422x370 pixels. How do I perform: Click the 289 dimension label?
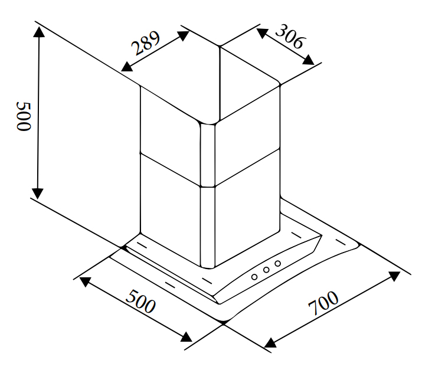point(146,43)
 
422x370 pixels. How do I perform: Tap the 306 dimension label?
point(290,37)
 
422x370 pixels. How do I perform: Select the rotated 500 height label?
point(24,116)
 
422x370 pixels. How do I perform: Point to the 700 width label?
point(323,303)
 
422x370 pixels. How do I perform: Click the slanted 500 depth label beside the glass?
point(140,301)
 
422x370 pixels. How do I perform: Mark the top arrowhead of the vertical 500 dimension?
point(40,32)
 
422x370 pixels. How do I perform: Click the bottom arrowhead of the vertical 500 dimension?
point(37,194)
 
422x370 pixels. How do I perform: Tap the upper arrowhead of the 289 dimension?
point(184,35)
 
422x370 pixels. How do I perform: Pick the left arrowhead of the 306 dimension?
point(262,32)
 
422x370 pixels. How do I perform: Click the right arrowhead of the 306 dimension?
point(309,60)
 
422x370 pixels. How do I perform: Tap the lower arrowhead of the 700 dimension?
point(270,343)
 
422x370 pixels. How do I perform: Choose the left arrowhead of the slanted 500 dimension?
point(85,281)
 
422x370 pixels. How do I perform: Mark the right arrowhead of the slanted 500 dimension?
point(187,337)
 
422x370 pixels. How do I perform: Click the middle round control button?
point(266,270)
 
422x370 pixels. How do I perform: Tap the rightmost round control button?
point(278,263)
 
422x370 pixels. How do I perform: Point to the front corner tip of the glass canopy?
point(223,323)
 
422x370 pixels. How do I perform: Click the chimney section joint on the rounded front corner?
point(208,186)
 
